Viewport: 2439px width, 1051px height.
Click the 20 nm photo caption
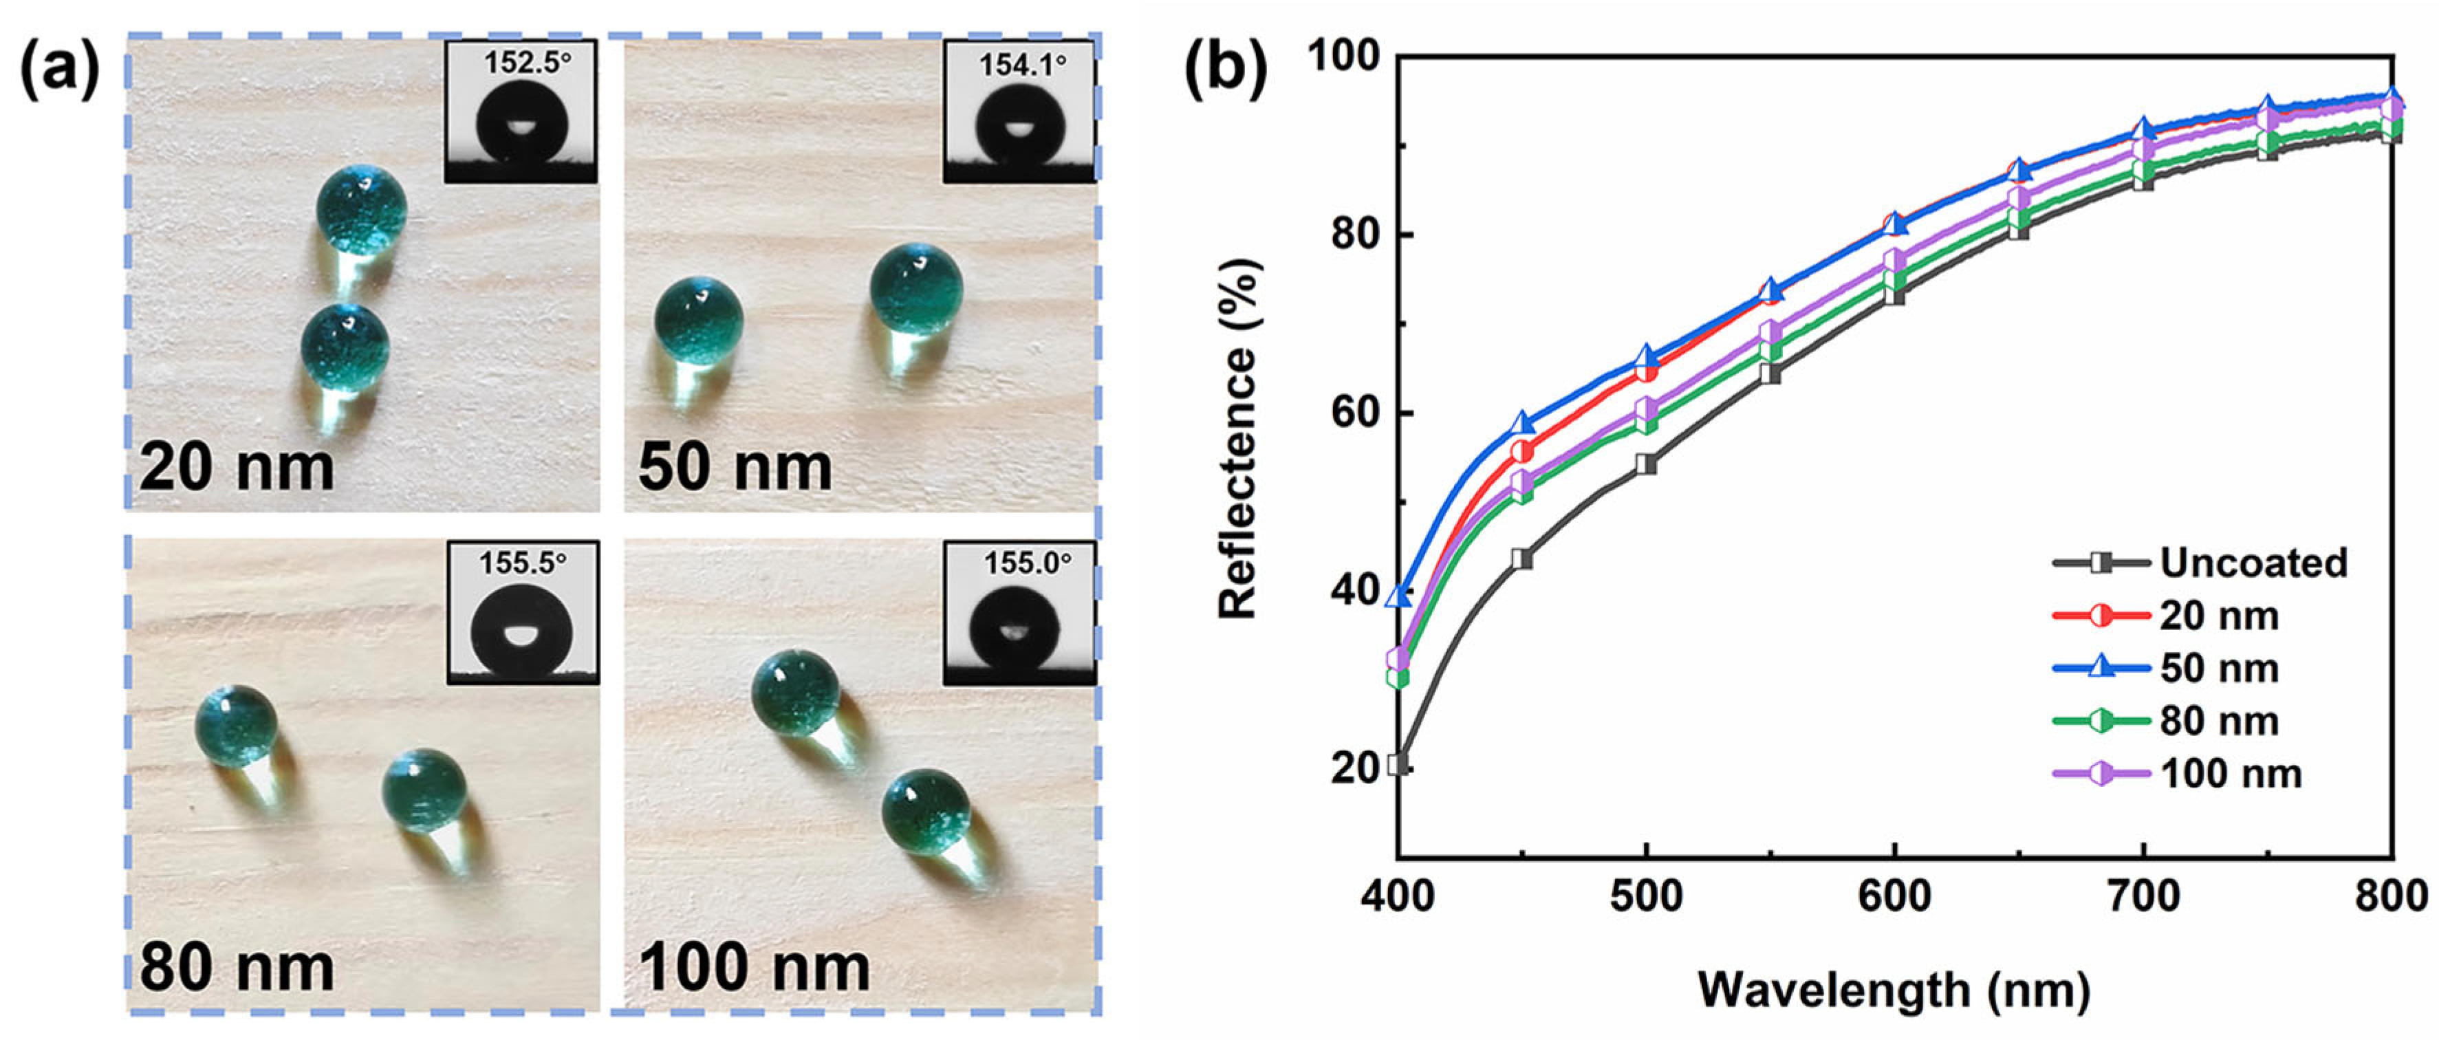pos(236,467)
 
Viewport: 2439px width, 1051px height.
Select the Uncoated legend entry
pos(2253,563)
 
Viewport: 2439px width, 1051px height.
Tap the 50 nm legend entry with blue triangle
pos(2218,669)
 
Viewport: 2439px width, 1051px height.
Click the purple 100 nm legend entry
pos(2230,774)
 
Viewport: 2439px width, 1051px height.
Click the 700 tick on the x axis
pos(2143,896)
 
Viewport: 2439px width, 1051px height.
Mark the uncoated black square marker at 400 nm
pos(1398,763)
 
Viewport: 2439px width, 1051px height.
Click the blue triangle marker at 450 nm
pos(1522,423)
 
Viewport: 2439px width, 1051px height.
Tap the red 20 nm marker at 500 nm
pos(1647,371)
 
